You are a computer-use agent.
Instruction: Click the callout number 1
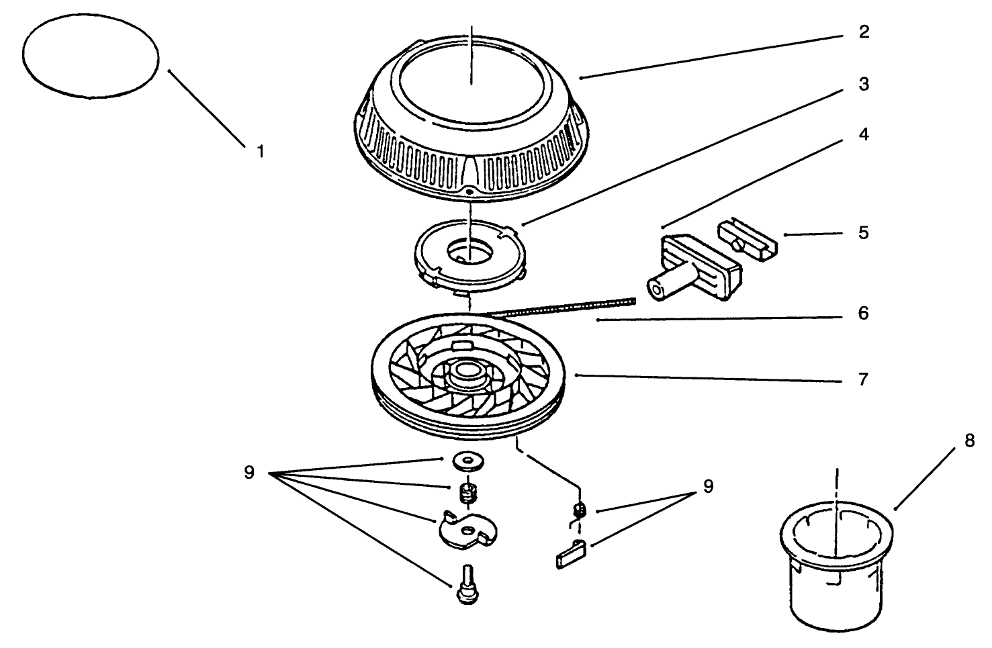(261, 151)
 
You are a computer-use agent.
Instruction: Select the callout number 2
(864, 32)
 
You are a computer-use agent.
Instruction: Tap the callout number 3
(864, 84)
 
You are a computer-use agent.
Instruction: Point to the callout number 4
(864, 134)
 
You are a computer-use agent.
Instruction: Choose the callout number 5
(864, 233)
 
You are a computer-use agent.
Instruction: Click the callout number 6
(864, 314)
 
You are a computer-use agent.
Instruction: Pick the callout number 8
(970, 441)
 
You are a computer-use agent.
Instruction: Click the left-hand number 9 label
(249, 473)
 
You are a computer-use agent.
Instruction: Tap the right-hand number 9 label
(709, 486)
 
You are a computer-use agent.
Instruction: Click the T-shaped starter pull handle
(693, 268)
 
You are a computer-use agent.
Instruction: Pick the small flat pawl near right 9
(572, 555)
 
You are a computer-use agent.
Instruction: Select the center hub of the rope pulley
(468, 375)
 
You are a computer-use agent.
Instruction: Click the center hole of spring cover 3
(470, 253)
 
